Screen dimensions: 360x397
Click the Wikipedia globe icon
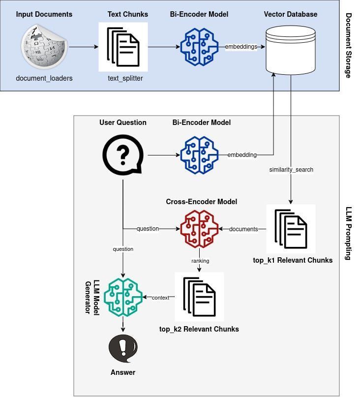tap(44, 47)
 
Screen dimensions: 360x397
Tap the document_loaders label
tap(44, 78)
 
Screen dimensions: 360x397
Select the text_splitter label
tap(125, 78)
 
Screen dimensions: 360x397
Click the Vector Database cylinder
tap(290, 50)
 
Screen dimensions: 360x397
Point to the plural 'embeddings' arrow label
tap(241, 47)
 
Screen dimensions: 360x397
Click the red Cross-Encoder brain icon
tap(199, 229)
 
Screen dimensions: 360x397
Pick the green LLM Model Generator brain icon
tap(123, 297)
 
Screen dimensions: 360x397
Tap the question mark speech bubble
tap(123, 154)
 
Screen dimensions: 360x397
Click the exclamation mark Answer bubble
tap(123, 348)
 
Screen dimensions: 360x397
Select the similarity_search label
tap(291, 170)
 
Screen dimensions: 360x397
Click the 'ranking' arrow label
tap(200, 261)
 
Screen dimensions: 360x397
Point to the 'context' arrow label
tap(160, 298)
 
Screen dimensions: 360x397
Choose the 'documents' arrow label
tap(243, 229)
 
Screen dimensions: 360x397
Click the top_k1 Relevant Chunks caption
tap(293, 260)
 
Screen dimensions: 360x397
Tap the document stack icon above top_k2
tap(200, 297)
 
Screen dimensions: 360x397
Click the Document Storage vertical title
tap(349, 46)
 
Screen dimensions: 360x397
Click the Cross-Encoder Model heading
tap(202, 202)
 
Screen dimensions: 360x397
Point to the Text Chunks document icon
tap(123, 47)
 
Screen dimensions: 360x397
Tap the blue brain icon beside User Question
tap(199, 155)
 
